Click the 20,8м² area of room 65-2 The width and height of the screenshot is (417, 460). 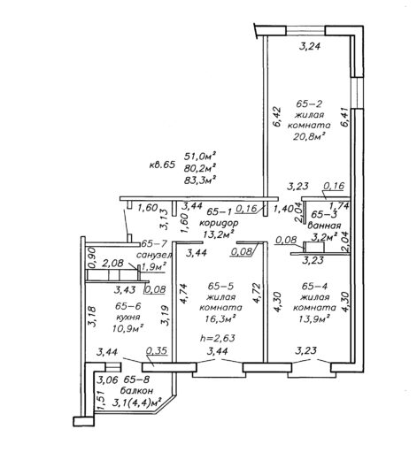(x=309, y=136)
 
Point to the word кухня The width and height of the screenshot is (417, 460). (x=127, y=318)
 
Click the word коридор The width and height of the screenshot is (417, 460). (x=219, y=223)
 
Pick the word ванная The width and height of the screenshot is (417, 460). (x=324, y=226)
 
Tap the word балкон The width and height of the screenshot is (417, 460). (x=136, y=391)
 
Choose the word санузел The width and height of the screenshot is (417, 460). (x=154, y=255)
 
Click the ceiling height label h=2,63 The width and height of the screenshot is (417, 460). (x=218, y=338)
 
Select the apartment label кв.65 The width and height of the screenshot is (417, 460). (x=162, y=165)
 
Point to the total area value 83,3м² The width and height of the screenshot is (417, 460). (x=200, y=180)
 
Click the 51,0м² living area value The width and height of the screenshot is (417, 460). (x=200, y=156)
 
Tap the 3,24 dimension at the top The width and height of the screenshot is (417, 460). (x=310, y=47)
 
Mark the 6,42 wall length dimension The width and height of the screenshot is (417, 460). (x=277, y=117)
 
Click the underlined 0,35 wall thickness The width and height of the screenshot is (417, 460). (x=157, y=351)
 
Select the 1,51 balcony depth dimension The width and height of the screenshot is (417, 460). (x=100, y=400)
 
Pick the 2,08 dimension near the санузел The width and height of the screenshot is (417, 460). (x=112, y=263)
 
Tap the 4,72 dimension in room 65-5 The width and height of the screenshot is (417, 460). (x=257, y=293)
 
